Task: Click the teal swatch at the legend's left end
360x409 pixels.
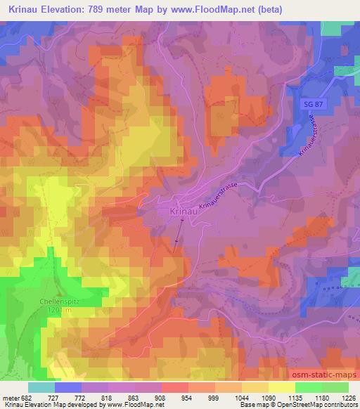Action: coord(41,387)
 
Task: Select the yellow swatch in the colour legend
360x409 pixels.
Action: coord(281,387)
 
